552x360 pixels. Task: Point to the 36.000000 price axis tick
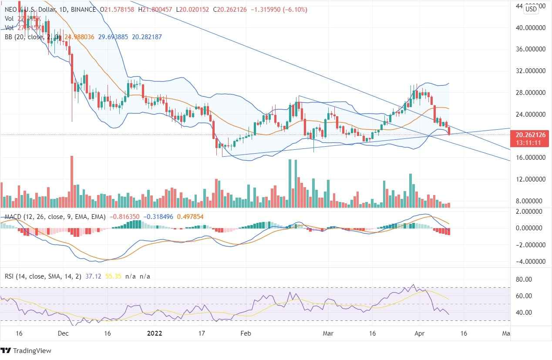pos(530,49)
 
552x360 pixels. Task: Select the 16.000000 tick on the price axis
pos(530,157)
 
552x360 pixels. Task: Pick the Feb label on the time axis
pos(246,333)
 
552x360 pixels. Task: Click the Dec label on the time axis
pos(63,333)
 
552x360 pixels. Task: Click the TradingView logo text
pos(32,350)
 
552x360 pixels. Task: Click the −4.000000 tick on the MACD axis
pos(530,262)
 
